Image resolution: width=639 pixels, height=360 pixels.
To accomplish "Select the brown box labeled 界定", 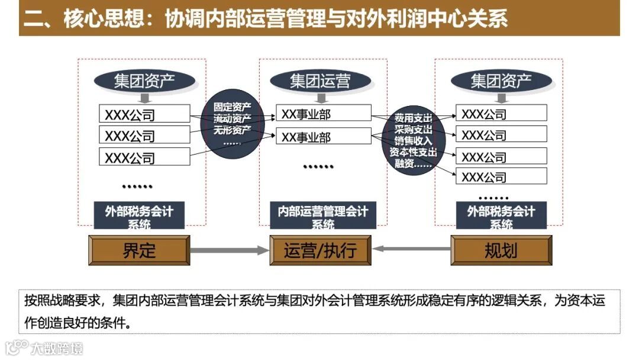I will [x=139, y=250].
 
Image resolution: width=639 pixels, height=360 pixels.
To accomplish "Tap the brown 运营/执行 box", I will [x=320, y=250].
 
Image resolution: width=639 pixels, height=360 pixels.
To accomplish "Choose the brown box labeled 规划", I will [x=501, y=250].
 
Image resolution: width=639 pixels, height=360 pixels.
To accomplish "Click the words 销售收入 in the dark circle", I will [x=414, y=141].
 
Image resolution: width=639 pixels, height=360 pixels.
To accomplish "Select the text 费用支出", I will [x=414, y=118].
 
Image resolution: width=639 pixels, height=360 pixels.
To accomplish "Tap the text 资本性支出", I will [x=414, y=152].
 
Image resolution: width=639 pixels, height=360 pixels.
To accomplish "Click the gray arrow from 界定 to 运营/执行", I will [x=230, y=250].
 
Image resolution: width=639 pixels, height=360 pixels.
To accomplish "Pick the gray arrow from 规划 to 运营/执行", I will [x=411, y=249].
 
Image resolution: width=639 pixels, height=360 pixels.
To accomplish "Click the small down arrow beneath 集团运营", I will [x=320, y=97].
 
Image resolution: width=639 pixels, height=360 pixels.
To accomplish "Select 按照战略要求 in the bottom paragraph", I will [x=62, y=300].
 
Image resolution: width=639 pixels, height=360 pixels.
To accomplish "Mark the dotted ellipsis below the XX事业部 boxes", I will [x=318, y=167].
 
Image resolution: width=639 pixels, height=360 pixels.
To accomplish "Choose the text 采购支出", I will [x=414, y=129].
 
